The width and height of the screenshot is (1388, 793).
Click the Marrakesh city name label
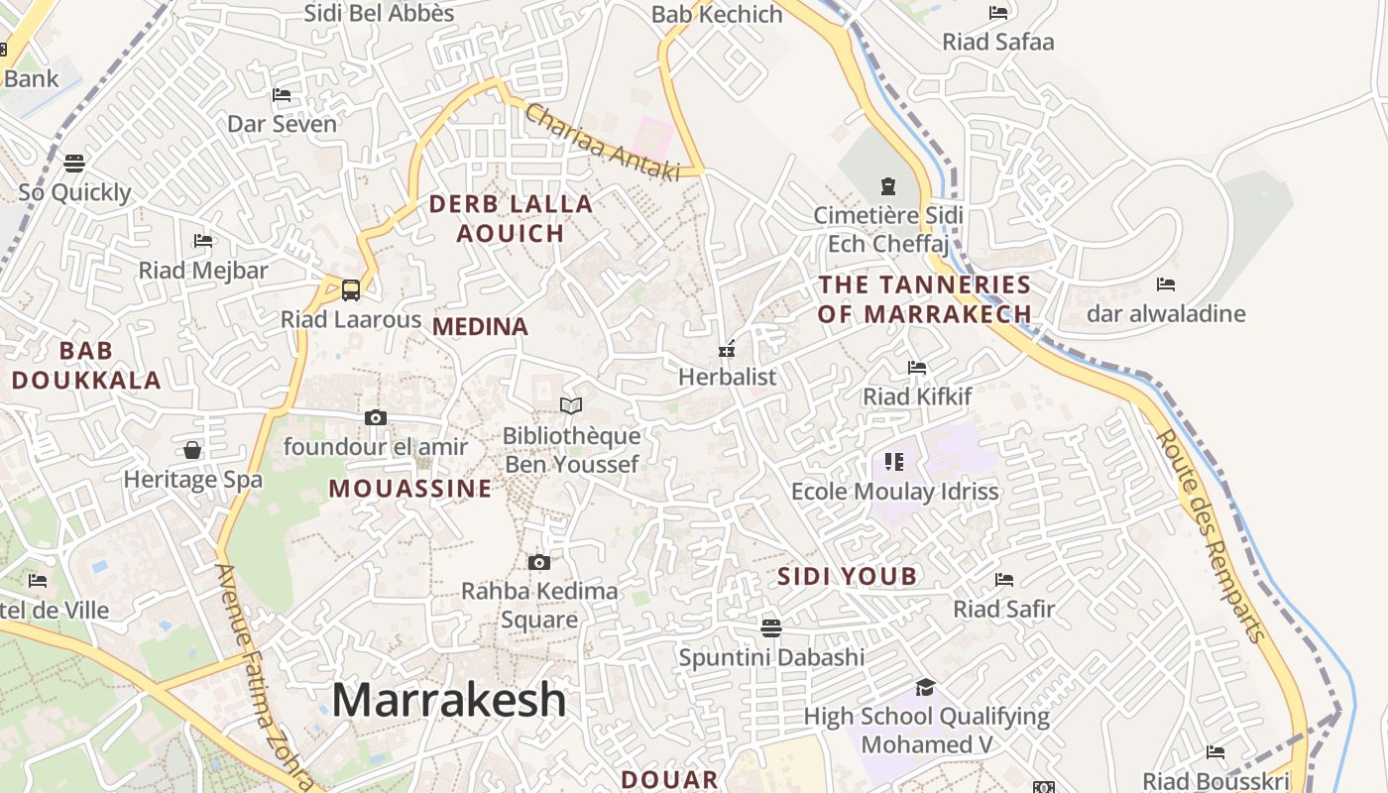pos(448,700)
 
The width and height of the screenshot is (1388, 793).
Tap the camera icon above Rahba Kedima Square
pos(539,563)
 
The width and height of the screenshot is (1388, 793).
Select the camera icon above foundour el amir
pos(376,418)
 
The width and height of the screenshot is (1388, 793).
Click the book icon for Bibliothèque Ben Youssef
pos(571,405)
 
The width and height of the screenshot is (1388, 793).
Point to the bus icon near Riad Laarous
pos(351,290)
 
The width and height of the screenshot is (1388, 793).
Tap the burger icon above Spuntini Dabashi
pos(771,627)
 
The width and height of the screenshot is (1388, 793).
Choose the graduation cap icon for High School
pos(925,687)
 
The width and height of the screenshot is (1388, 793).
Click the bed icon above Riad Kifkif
pos(917,368)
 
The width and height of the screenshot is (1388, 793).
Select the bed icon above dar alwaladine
pos(1166,284)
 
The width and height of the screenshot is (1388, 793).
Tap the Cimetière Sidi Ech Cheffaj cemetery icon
pos(887,185)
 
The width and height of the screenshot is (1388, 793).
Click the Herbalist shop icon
pos(727,348)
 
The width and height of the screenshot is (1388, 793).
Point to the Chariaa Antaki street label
pos(602,143)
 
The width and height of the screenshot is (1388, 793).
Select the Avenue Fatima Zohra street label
pos(262,674)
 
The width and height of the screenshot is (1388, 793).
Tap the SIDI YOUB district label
pos(847,577)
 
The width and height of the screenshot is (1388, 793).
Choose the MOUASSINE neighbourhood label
pos(410,489)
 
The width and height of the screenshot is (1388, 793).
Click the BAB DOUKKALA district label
pos(85,365)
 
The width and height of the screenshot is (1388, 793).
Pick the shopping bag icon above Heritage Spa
pos(192,450)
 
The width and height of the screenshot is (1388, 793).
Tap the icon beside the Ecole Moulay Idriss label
pos(894,462)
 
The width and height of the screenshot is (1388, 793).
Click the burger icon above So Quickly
pos(74,163)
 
